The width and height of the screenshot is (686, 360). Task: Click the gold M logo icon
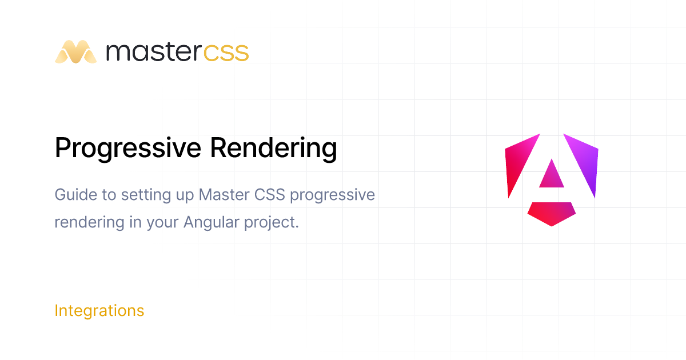point(75,52)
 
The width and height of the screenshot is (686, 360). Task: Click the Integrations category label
point(99,311)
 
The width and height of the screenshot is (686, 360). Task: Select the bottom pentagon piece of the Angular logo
point(552,213)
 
